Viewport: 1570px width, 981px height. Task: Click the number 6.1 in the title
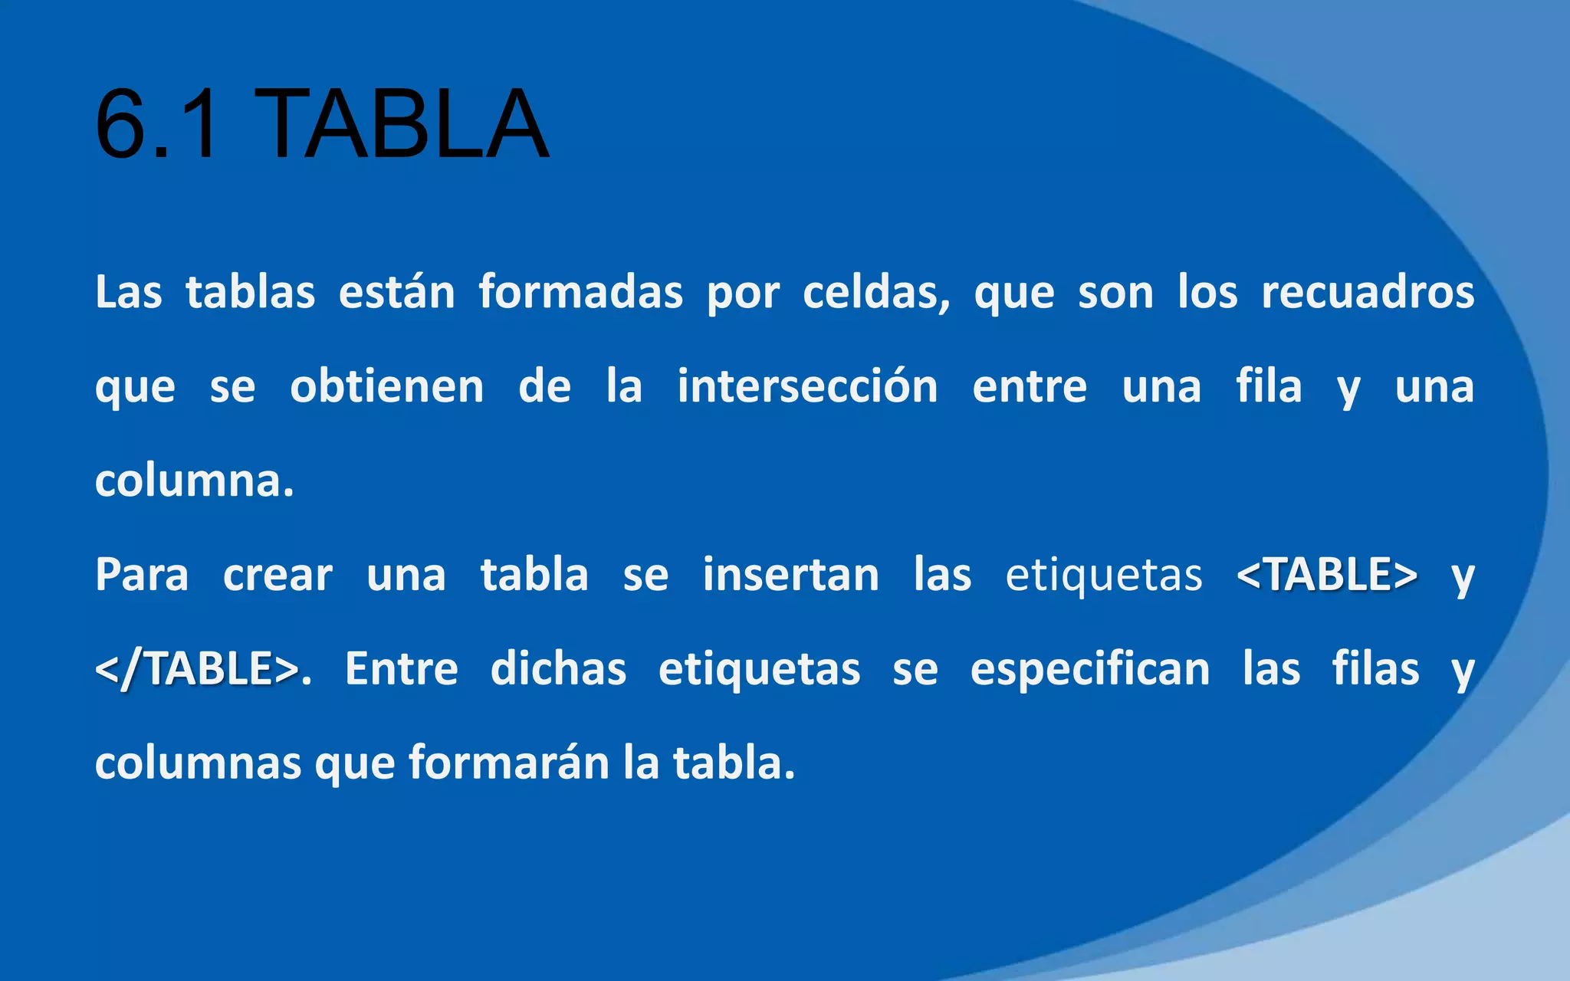pos(157,124)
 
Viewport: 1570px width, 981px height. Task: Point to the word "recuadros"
pos(1368,292)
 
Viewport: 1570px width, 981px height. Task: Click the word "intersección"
pos(807,386)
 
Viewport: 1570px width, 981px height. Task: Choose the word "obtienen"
pos(386,386)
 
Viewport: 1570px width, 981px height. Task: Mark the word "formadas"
pos(580,292)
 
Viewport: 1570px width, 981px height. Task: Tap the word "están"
pos(397,292)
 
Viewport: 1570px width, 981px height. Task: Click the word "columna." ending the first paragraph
pos(195,481)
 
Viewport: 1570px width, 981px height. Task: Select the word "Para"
pos(142,575)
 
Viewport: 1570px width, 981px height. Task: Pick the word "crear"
pos(278,575)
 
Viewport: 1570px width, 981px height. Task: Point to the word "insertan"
pos(790,575)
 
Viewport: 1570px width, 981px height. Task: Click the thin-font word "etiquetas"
pos(1104,575)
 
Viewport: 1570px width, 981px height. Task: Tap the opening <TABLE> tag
pos(1327,575)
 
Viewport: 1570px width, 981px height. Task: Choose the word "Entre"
pos(401,669)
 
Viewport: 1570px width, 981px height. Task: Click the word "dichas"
pos(558,669)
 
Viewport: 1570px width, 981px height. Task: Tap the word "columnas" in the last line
pos(198,763)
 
